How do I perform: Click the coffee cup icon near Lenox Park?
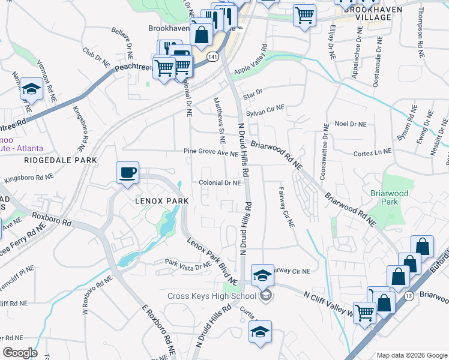click(x=127, y=173)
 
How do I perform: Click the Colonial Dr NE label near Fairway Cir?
click(x=220, y=183)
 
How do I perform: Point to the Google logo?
click(x=20, y=352)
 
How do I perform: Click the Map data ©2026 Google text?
click(x=411, y=355)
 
